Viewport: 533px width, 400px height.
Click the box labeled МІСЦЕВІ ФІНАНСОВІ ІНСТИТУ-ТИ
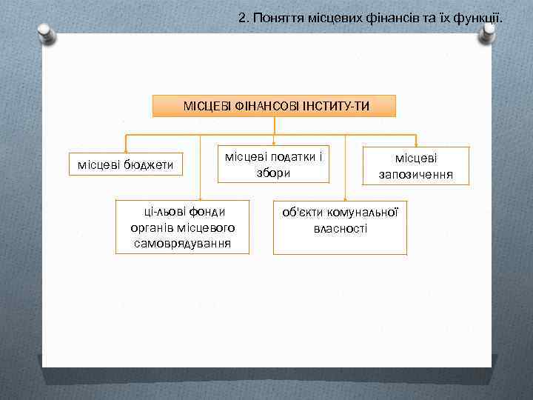[275, 106]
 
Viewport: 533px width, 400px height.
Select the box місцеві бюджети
[125, 164]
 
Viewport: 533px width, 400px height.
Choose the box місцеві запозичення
[415, 167]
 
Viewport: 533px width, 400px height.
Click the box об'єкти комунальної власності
[340, 227]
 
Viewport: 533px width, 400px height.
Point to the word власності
[340, 228]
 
